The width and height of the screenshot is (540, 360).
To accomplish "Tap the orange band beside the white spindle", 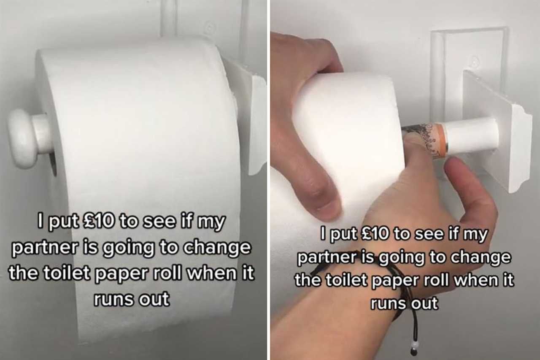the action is click(443, 138).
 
